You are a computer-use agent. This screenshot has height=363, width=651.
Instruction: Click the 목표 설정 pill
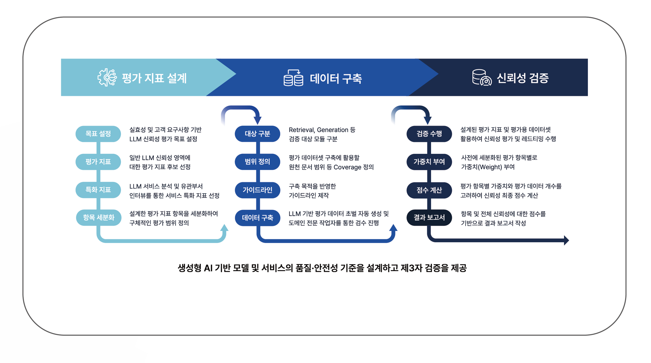(98, 134)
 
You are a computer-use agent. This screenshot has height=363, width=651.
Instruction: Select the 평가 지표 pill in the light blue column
(98, 162)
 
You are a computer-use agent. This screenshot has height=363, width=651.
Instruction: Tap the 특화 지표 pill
(98, 190)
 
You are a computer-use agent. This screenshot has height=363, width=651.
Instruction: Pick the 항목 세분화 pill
(98, 218)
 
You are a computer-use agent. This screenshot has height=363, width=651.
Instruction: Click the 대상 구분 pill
(257, 134)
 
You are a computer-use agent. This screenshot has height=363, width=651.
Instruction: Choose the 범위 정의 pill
(257, 162)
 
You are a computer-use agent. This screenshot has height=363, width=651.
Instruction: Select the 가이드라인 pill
(257, 190)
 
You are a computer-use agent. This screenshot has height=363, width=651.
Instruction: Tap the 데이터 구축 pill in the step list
(257, 218)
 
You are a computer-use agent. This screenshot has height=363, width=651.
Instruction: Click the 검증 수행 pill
(429, 134)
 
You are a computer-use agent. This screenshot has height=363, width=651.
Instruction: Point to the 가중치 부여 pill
(429, 162)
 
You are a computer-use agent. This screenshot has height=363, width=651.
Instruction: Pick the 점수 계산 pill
(429, 190)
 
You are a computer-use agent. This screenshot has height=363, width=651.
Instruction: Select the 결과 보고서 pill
(429, 218)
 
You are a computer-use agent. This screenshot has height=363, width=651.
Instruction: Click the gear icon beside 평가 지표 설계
(107, 77)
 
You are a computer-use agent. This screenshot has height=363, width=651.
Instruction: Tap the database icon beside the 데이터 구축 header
(293, 78)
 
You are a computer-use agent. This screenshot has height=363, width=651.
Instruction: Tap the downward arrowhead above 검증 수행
(428, 120)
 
